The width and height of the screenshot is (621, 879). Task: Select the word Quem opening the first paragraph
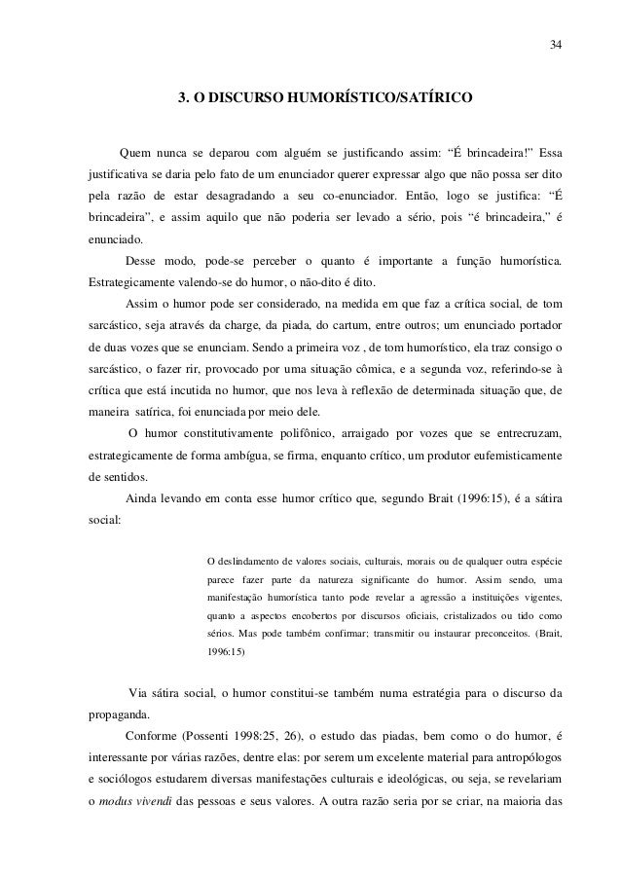coord(133,152)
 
